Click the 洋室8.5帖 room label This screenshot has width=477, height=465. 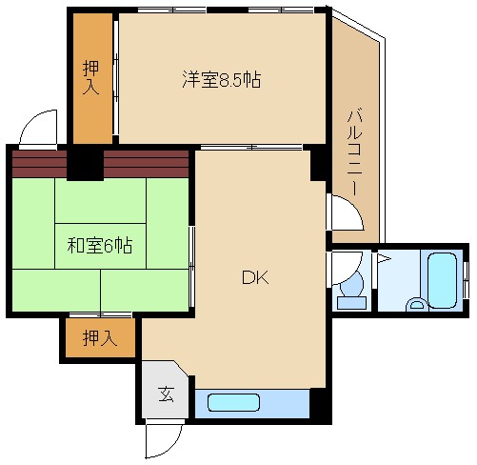point(222,79)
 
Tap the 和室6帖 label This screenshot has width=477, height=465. point(100,245)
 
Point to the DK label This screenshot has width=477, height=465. point(255,277)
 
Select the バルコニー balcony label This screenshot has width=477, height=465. point(355,152)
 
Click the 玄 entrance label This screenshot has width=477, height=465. point(166,394)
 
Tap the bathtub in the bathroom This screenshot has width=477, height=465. point(442,280)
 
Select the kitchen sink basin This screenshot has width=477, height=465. point(233,402)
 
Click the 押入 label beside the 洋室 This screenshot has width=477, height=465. point(91,78)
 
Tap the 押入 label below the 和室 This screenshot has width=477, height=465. point(100,337)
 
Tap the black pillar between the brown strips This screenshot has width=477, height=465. point(85,165)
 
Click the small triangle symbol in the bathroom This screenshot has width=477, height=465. point(383,258)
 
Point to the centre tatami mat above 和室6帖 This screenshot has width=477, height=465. point(100,201)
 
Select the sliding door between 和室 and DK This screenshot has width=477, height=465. point(191,266)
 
